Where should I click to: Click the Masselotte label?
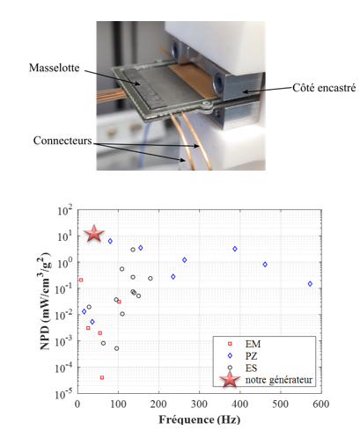tap(55, 68)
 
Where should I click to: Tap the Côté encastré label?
tap(324, 88)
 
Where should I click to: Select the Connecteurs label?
tap(62, 141)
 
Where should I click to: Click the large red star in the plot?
tap(94, 234)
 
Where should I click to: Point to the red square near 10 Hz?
tap(81, 281)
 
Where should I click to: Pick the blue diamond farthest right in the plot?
tap(310, 284)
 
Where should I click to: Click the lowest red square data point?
tap(102, 377)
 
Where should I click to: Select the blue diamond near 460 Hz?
tap(265, 265)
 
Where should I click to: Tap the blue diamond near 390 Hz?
tap(235, 249)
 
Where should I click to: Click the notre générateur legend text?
tap(279, 380)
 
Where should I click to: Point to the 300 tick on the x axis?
tap(199, 404)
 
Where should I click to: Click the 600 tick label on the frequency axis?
tap(321, 404)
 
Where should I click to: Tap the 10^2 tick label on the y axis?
tap(65, 210)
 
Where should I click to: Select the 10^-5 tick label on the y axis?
tap(63, 394)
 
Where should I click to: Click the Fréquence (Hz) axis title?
tap(200, 419)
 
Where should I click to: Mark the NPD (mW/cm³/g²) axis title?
tap(45, 301)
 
